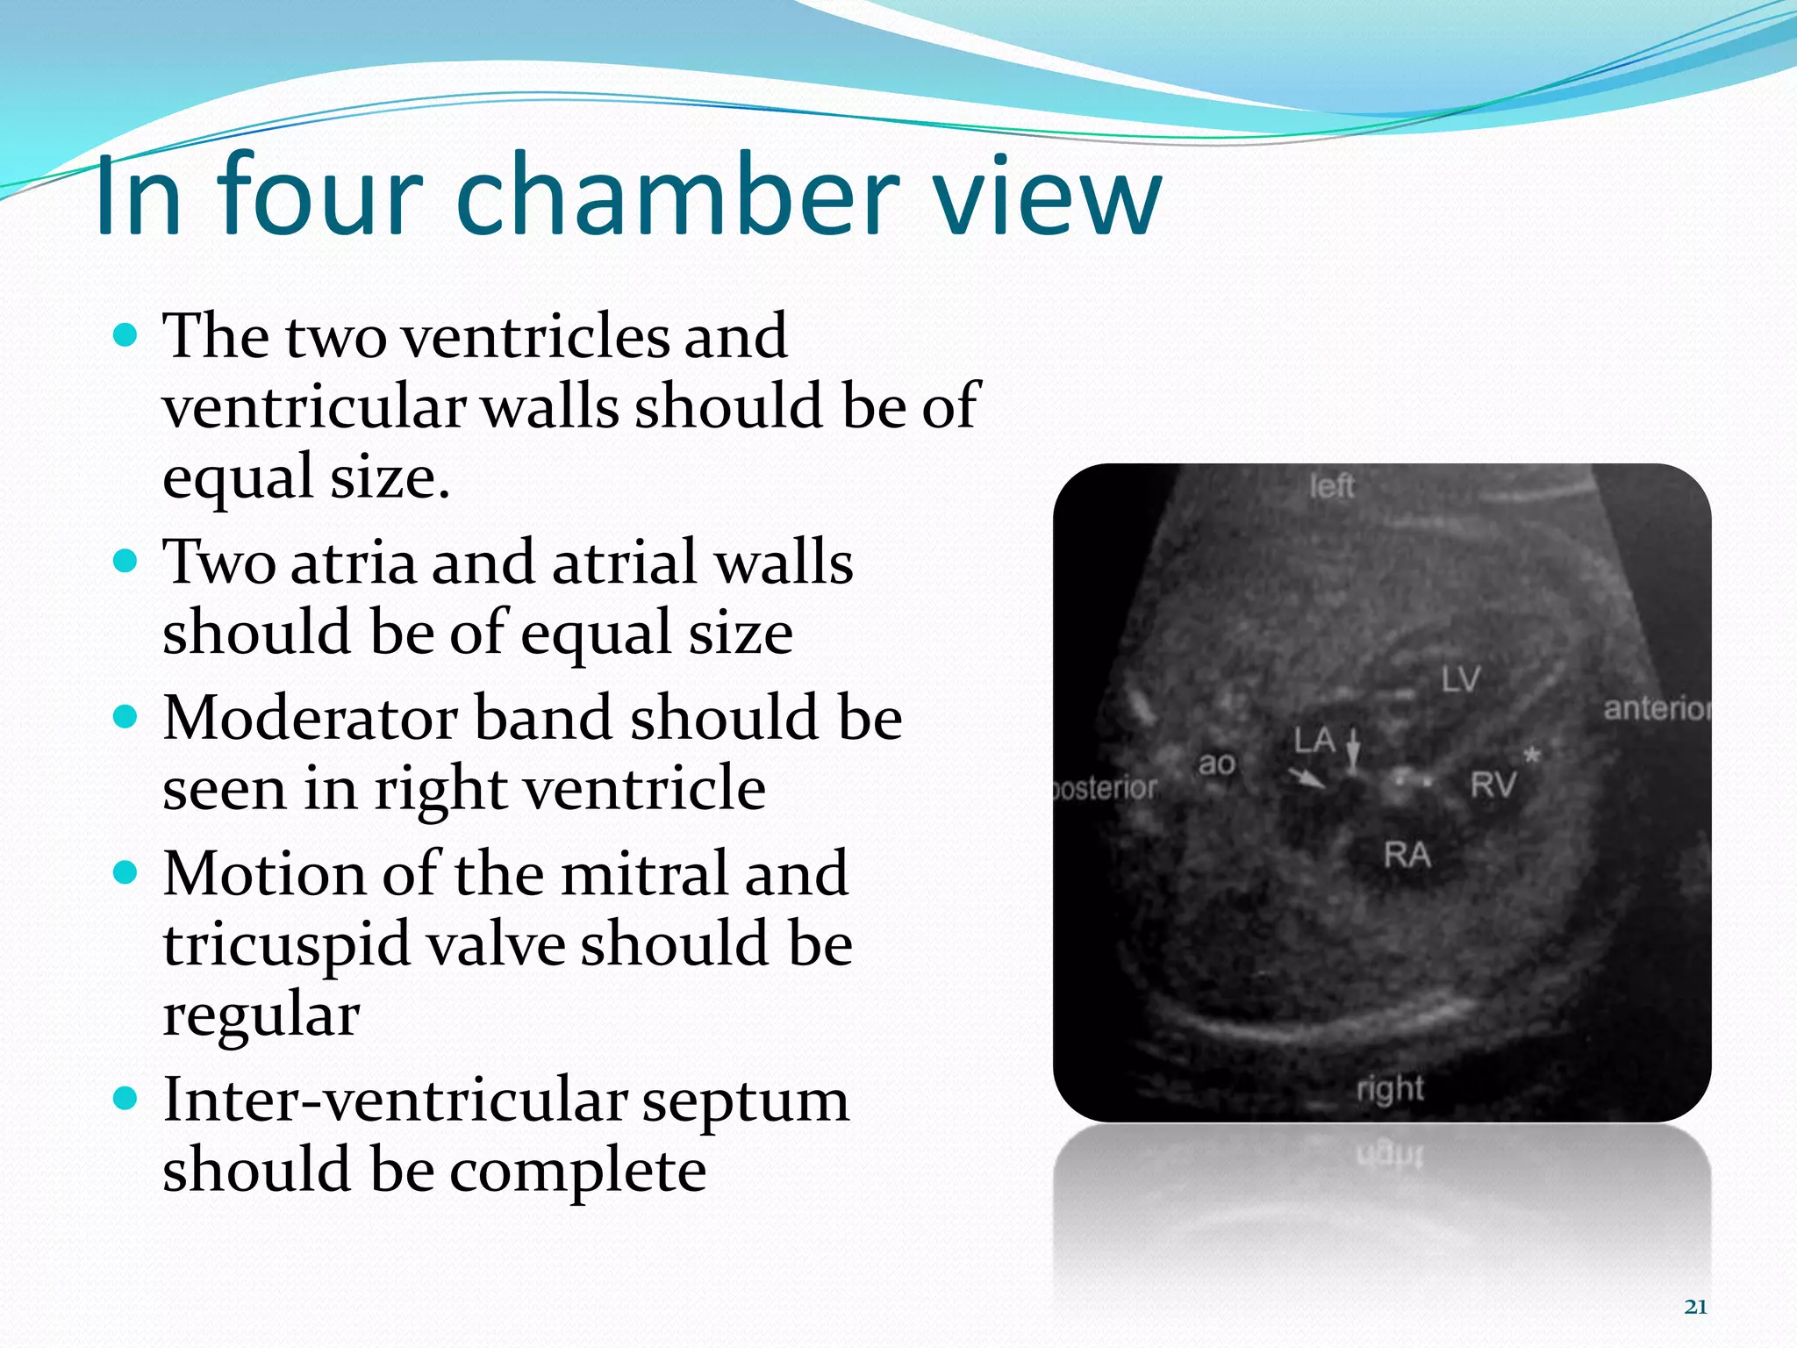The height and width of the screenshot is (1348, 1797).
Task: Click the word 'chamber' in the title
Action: (677, 195)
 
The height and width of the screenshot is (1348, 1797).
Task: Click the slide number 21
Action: (1696, 1307)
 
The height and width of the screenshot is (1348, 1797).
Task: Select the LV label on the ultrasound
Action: (1460, 678)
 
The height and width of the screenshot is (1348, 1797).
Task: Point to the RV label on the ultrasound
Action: (1493, 784)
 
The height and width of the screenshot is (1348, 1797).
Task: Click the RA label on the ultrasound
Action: (1407, 854)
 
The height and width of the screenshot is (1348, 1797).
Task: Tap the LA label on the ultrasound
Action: (1314, 741)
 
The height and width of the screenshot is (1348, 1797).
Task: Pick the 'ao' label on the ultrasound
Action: (1217, 764)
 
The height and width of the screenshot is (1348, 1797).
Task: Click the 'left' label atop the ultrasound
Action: (1331, 485)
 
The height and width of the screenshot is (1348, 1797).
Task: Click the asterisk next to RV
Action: (1531, 755)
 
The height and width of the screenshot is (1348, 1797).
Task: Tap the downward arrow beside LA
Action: (1353, 750)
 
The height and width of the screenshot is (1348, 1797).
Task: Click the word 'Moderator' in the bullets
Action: (310, 718)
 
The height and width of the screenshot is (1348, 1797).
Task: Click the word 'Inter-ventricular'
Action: (395, 1101)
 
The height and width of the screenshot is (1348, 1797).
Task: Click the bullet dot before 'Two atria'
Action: (126, 561)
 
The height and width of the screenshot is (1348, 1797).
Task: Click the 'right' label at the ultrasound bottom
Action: (1390, 1088)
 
